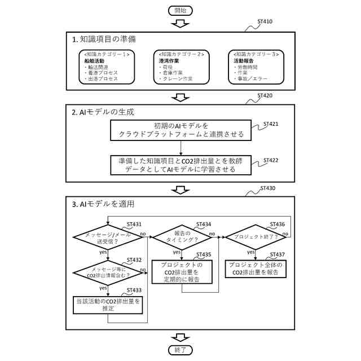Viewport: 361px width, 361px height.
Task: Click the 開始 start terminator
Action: pos(180,10)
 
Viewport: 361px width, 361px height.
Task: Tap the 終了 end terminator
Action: pos(180,350)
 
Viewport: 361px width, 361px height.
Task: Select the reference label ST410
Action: pos(265,22)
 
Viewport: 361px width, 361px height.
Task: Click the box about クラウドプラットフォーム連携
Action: pos(180,130)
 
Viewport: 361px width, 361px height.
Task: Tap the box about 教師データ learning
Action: pos(180,165)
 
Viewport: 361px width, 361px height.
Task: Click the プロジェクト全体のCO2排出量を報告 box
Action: pos(256,268)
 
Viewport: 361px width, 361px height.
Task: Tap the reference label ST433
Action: pos(134,290)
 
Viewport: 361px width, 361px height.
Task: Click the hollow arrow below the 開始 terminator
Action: pos(180,24)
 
